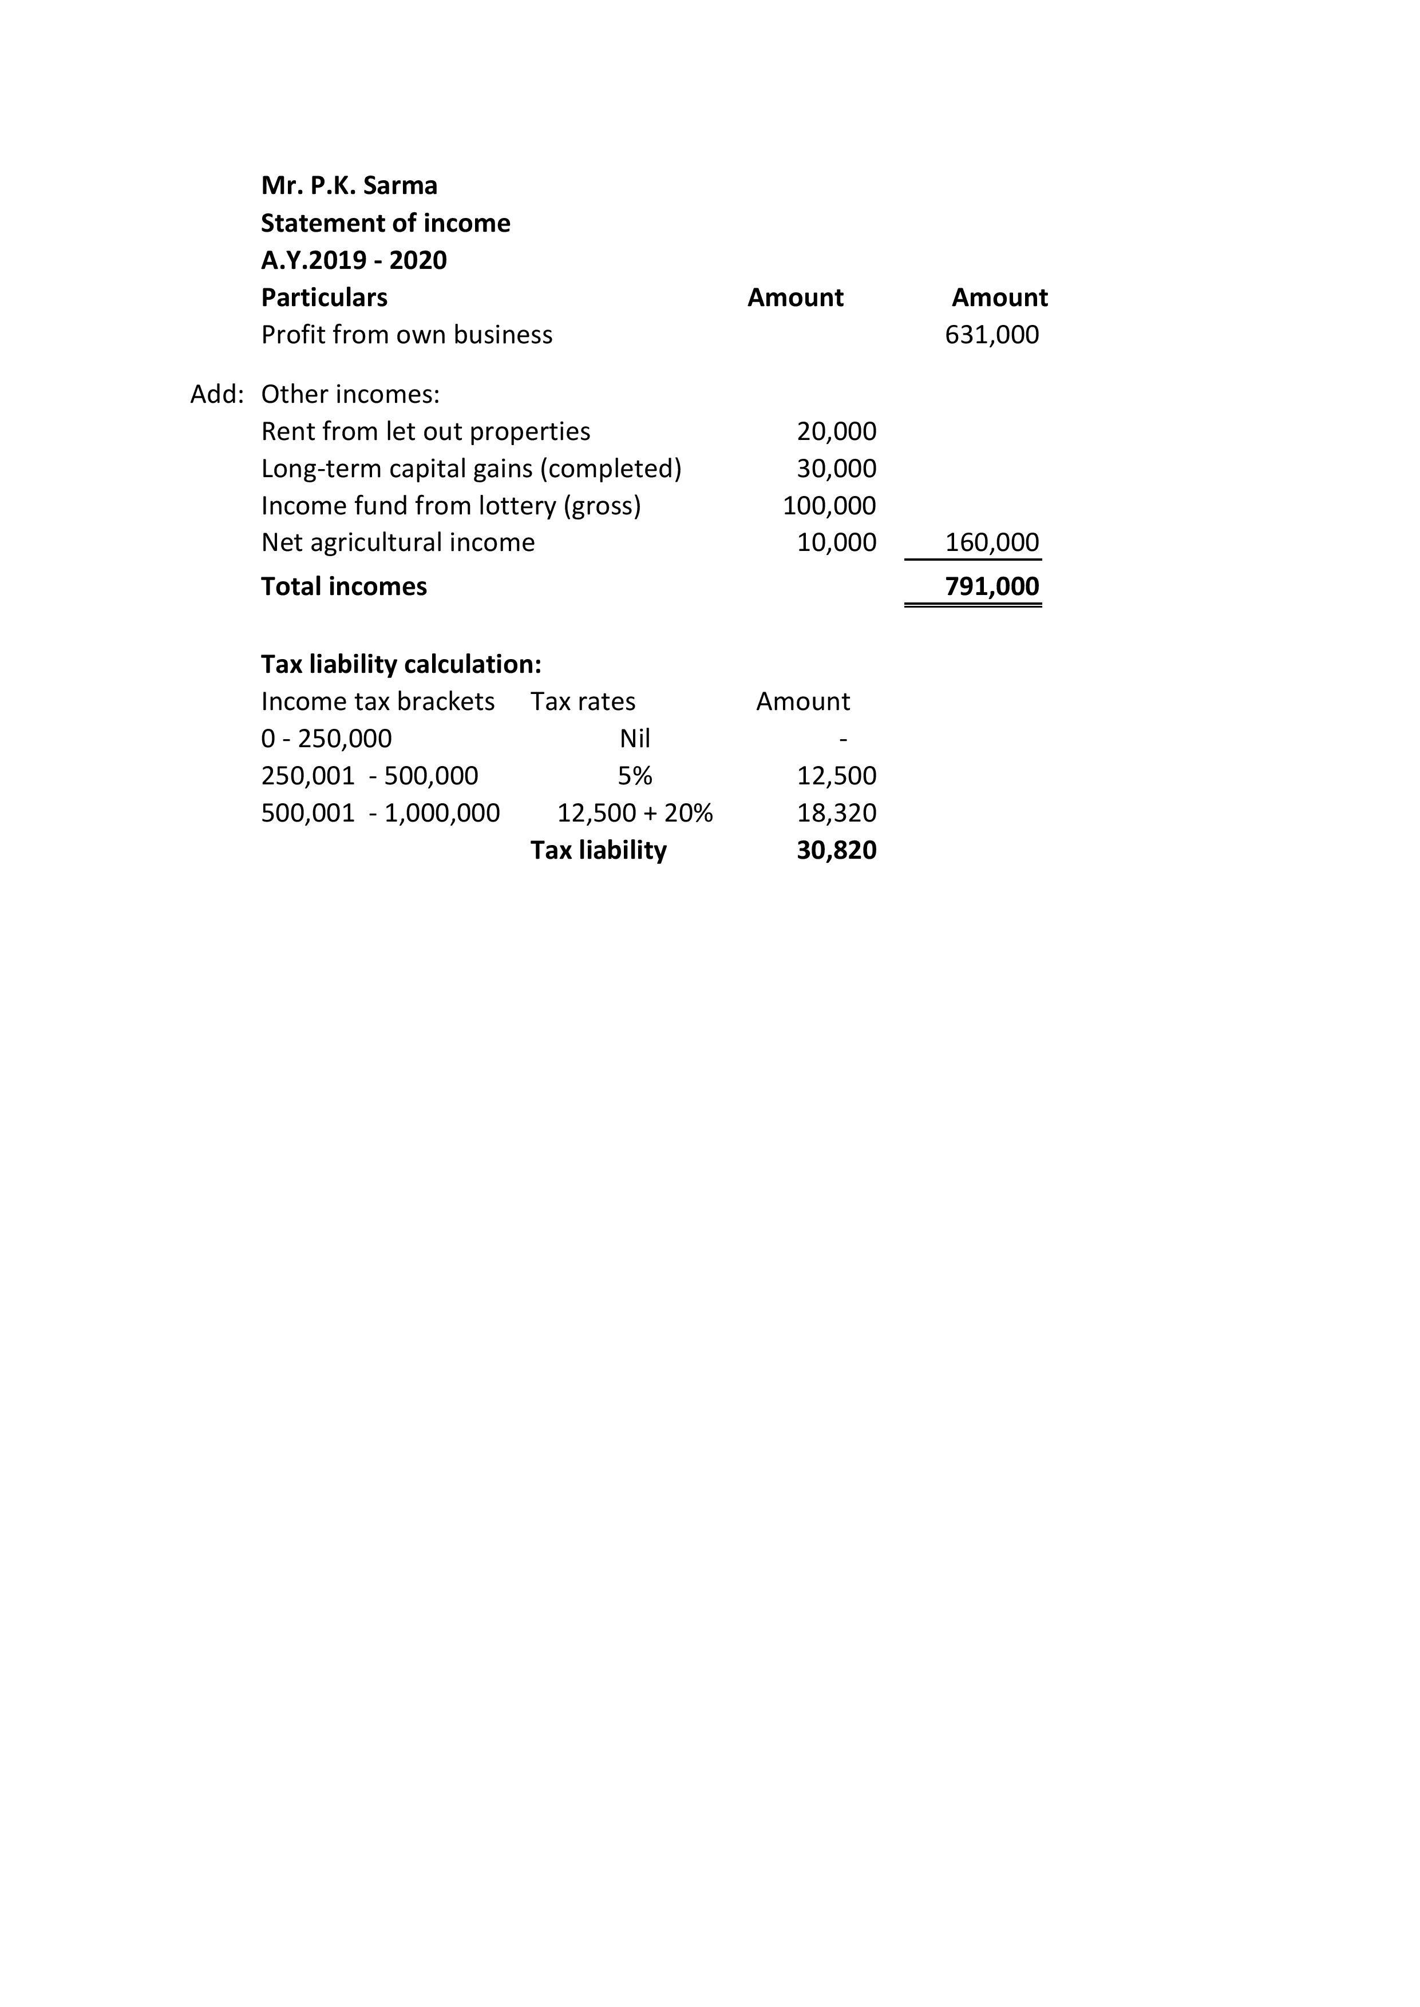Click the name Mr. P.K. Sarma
point(349,185)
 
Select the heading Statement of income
point(386,223)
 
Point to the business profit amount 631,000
point(991,335)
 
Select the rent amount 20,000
point(836,431)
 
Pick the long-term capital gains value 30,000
point(836,469)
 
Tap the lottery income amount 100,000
point(829,505)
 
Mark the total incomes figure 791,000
point(991,586)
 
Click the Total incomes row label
point(343,586)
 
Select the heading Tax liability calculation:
point(401,664)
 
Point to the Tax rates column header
point(582,701)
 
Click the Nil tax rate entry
point(635,739)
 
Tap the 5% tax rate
point(635,775)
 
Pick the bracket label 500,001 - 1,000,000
point(381,813)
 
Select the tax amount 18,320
point(836,813)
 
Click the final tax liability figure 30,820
point(836,850)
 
